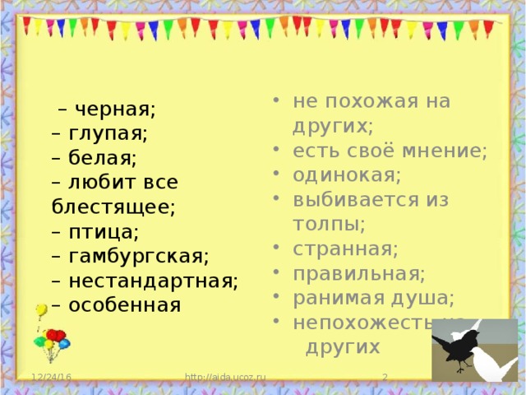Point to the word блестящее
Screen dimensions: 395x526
[113, 207]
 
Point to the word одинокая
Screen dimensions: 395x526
[347, 175]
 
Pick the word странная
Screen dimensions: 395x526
[345, 248]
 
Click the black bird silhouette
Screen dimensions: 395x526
[457, 345]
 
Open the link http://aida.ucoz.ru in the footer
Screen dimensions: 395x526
[225, 378]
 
